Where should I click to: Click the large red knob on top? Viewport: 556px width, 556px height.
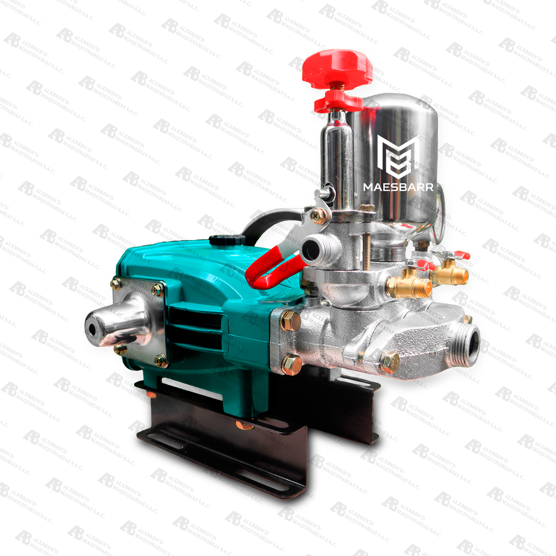tap(337, 67)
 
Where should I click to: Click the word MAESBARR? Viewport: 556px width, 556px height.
tap(398, 187)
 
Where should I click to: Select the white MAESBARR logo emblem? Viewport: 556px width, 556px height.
tap(398, 157)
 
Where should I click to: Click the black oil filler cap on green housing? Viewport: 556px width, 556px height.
tap(227, 239)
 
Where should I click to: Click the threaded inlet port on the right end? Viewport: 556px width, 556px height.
tap(469, 344)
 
